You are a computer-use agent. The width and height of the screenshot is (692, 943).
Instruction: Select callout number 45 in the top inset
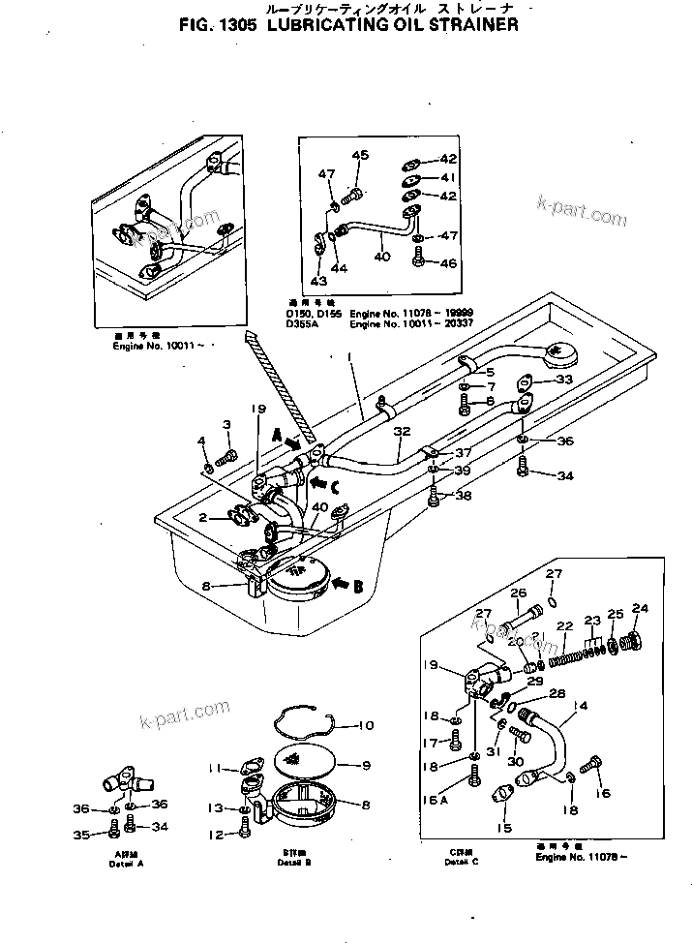point(359,156)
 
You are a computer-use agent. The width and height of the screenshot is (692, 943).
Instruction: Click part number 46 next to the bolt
point(447,262)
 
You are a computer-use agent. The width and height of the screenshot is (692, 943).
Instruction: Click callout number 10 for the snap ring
point(365,726)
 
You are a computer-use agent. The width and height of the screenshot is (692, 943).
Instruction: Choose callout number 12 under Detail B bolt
point(219,834)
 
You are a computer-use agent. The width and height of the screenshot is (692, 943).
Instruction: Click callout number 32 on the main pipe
point(403,432)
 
